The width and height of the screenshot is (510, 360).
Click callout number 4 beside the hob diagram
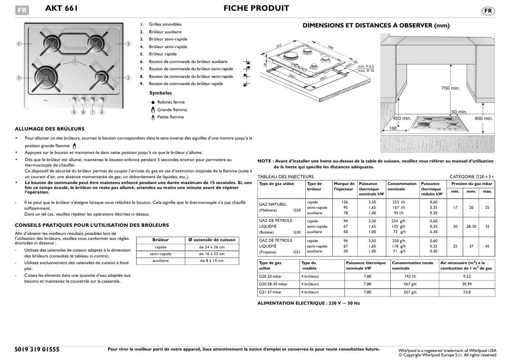point(19,44)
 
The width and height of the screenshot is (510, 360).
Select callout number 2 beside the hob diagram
point(128,78)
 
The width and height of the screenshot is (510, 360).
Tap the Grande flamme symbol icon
point(153,110)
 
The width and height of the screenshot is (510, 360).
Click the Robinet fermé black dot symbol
point(153,103)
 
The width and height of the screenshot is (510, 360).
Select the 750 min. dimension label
point(450,89)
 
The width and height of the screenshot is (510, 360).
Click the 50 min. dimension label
point(459,112)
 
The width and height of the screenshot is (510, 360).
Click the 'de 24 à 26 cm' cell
point(211,247)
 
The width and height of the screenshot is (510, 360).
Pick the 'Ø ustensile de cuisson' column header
point(211,240)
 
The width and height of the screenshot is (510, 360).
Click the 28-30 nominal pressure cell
point(471,226)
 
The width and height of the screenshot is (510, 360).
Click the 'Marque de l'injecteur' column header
point(344,186)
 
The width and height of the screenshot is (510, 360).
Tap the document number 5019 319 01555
point(37,349)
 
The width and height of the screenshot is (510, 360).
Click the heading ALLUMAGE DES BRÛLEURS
point(49,129)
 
